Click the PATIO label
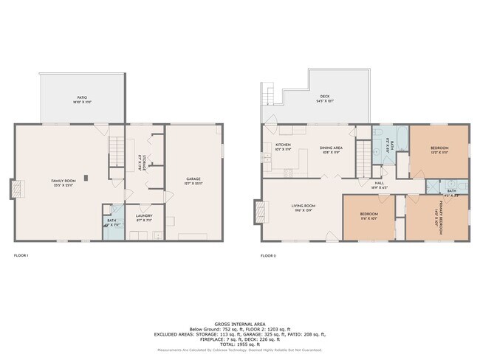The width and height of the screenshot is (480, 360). [x=81, y=97]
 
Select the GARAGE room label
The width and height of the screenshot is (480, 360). [x=193, y=179]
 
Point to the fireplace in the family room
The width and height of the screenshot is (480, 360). [x=16, y=189]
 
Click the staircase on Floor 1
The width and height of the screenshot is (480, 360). [x=115, y=150]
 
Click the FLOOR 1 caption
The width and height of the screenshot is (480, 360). [x=21, y=255]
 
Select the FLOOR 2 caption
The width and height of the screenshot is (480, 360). [x=268, y=255]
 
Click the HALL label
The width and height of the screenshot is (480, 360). [x=379, y=183]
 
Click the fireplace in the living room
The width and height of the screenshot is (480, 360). [x=259, y=212]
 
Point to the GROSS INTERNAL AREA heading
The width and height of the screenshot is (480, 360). [x=240, y=324]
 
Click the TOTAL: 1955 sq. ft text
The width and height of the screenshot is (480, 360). [x=240, y=345]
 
